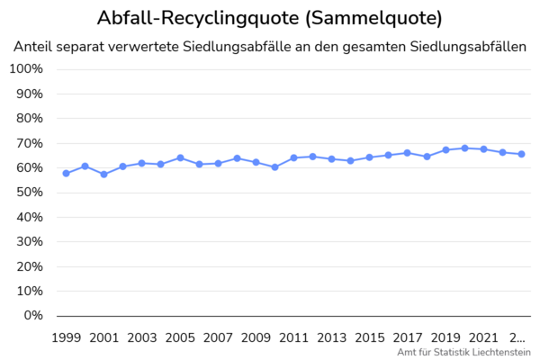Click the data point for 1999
[x=66, y=173]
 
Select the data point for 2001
[x=103, y=174]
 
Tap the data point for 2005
[x=180, y=157]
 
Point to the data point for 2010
[x=274, y=167]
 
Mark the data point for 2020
[x=464, y=148]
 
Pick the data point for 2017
[x=407, y=153]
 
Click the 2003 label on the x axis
[x=142, y=337]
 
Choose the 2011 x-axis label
[x=294, y=337]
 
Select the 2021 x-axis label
[x=483, y=337]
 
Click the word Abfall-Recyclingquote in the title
[x=198, y=18]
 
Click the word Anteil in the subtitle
[x=35, y=47]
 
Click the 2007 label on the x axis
[x=218, y=337]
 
